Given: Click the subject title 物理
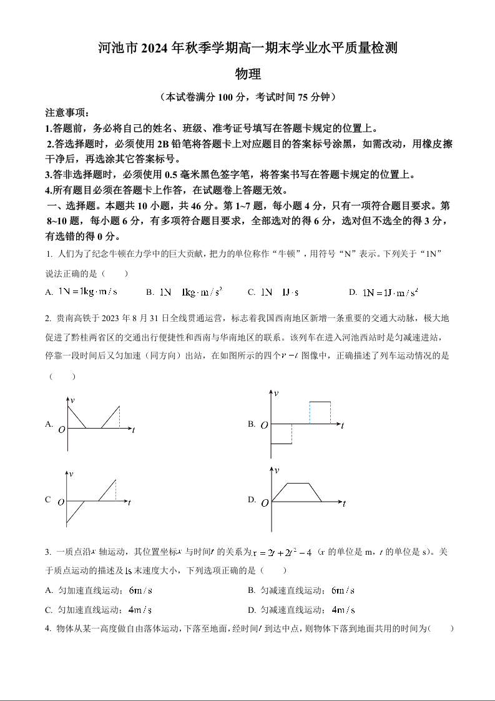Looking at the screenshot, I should [247, 74].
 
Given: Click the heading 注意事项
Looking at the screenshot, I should [67, 113].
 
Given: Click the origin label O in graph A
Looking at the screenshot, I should [61, 429].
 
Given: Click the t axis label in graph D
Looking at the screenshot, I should [344, 503].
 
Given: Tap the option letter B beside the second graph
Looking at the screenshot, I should [251, 424].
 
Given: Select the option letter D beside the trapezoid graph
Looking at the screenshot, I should [252, 500].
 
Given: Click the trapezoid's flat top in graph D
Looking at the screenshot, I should [298, 483].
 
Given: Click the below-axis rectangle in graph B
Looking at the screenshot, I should [282, 434].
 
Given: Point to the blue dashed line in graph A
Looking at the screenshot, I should [119, 417].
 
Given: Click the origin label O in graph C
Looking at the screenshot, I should [61, 502].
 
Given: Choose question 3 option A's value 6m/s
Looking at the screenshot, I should [140, 590].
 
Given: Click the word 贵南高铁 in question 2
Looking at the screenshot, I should [73, 319].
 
